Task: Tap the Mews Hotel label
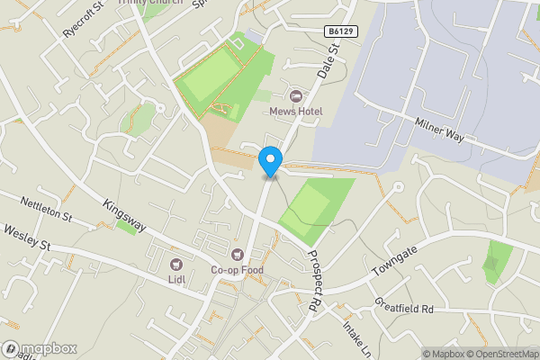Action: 295,111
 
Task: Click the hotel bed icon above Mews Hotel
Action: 295,95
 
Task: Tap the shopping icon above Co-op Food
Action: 238,255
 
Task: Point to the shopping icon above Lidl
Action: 176,265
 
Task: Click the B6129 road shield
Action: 338,31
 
